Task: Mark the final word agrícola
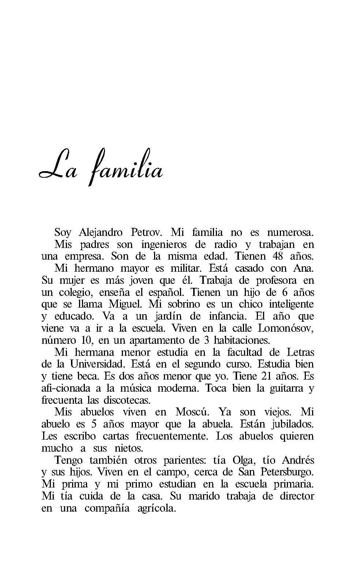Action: tap(156, 508)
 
